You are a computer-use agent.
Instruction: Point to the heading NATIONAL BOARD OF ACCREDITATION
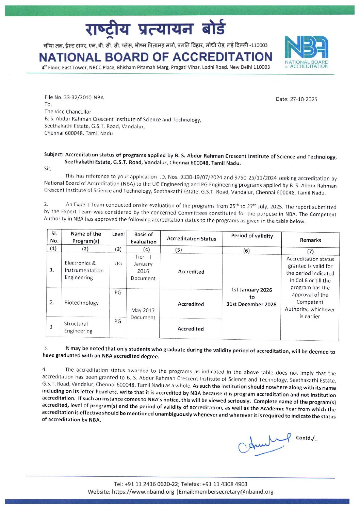pyautogui.click(x=156, y=57)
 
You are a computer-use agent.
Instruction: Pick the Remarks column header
pyautogui.click(x=310, y=240)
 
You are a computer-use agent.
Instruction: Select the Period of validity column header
pyautogui.click(x=252, y=236)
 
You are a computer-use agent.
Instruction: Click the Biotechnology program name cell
pyautogui.click(x=81, y=303)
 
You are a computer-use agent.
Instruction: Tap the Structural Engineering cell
pyautogui.click(x=78, y=327)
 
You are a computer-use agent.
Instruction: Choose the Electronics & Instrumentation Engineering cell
pyautogui.click(x=84, y=270)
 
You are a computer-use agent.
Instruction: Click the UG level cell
pyautogui.click(x=118, y=264)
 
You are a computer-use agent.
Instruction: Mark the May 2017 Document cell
pyautogui.click(x=143, y=313)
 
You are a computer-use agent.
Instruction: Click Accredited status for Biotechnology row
pyautogui.click(x=191, y=304)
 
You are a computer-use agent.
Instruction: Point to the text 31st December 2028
pyautogui.click(x=251, y=304)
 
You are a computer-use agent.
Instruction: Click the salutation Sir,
pyautogui.click(x=48, y=169)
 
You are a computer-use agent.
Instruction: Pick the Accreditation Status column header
pyautogui.click(x=191, y=239)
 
